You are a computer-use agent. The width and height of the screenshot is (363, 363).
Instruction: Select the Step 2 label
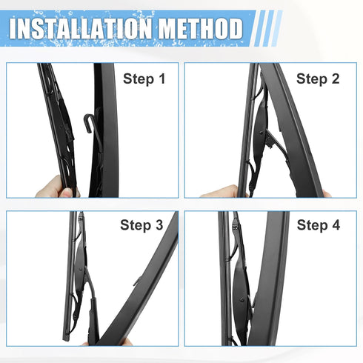(x=318, y=79)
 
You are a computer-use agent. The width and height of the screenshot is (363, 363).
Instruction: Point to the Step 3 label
(x=141, y=225)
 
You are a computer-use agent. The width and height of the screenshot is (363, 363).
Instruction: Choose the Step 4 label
(x=318, y=225)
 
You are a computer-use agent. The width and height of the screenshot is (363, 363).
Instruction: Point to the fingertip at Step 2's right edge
(x=326, y=194)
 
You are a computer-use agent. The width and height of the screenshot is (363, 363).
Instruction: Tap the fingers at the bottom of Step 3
(x=111, y=342)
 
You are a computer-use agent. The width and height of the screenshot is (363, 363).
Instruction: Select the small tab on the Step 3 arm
(x=138, y=281)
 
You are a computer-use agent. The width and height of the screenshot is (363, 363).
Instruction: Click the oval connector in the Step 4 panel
(x=242, y=296)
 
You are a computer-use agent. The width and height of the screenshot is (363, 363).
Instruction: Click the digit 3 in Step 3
(x=158, y=225)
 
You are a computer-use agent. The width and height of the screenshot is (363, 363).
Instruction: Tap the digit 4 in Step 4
(x=335, y=225)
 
